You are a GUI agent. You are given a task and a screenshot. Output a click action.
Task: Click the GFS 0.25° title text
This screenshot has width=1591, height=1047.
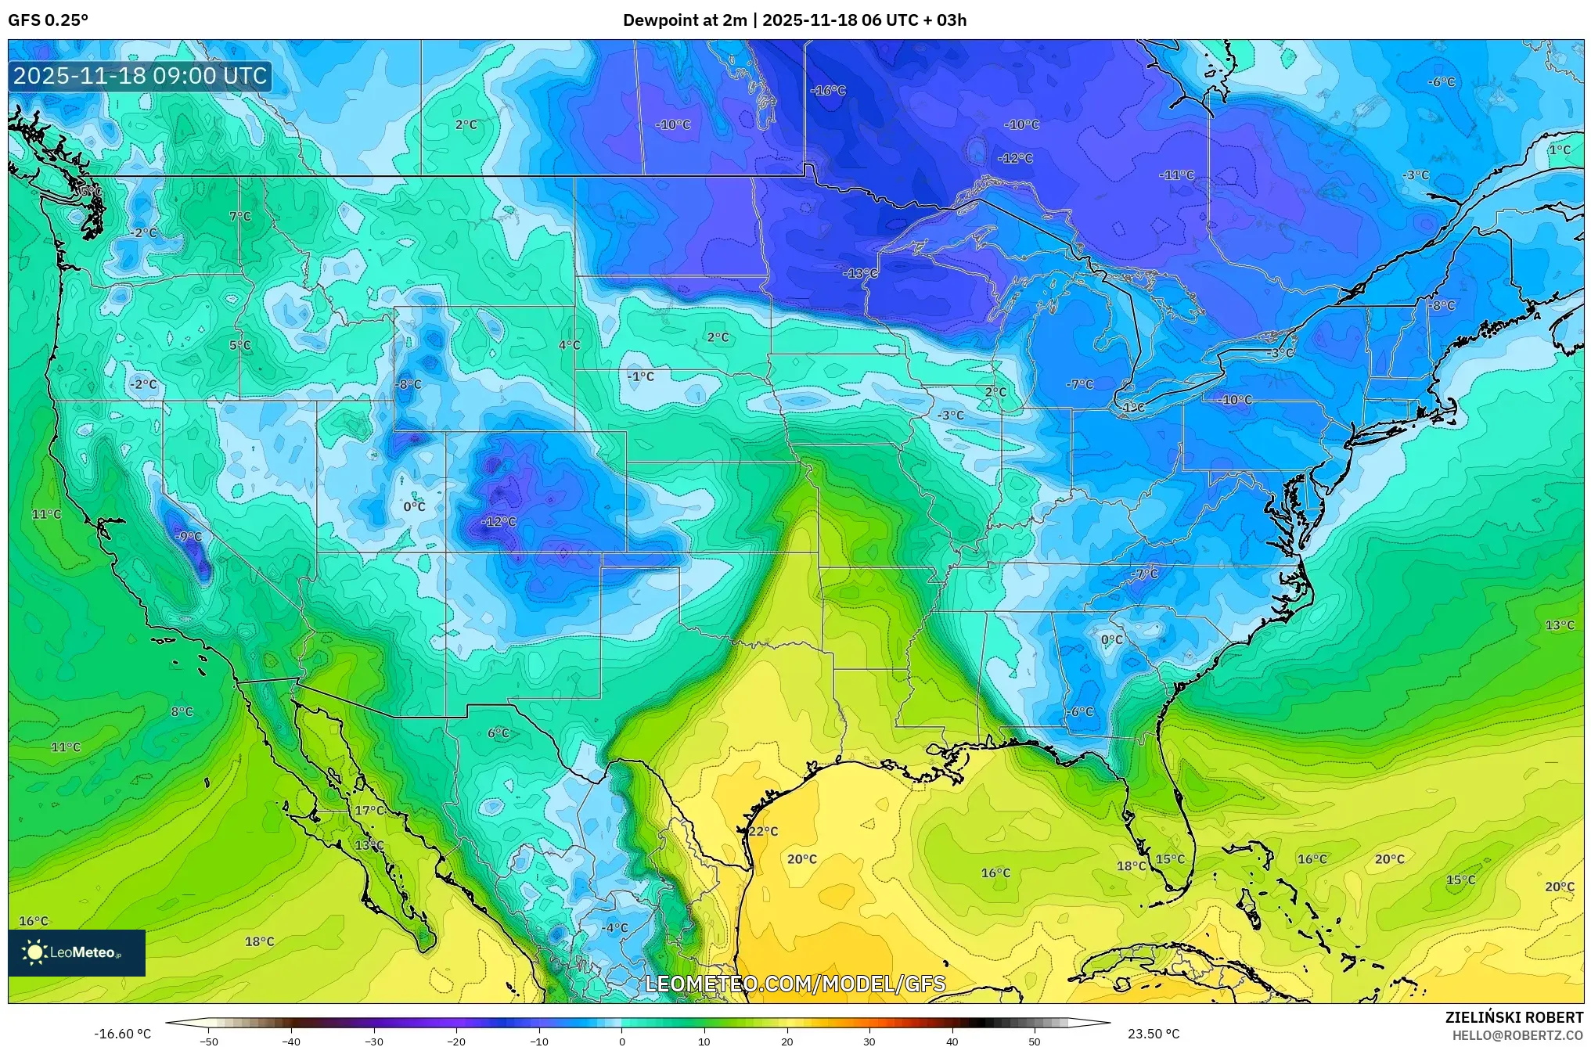(x=48, y=20)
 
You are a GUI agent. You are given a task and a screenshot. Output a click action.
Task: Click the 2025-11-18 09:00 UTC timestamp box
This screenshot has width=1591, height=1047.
(x=141, y=76)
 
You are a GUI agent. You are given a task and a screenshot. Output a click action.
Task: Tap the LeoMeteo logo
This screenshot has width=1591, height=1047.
(x=77, y=952)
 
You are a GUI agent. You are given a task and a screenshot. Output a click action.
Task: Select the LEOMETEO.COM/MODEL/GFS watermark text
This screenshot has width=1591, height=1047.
(x=795, y=984)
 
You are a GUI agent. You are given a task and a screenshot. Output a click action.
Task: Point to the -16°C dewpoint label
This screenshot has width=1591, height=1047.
(x=828, y=91)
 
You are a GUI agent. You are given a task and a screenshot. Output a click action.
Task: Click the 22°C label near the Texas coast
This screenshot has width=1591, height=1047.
(x=763, y=831)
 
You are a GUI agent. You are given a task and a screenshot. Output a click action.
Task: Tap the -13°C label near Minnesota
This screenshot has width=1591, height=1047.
(x=860, y=273)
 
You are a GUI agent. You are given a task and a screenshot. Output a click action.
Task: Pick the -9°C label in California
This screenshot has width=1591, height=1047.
(x=188, y=536)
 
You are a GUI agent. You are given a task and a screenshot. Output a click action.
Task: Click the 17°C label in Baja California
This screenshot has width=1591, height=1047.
(x=369, y=811)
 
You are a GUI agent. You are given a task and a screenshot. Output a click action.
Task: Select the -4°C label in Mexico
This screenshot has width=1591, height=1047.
(x=614, y=927)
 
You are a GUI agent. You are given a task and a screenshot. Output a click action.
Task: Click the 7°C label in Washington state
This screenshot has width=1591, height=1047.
(x=240, y=217)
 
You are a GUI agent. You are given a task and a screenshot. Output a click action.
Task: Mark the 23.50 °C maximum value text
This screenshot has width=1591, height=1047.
(x=1154, y=1034)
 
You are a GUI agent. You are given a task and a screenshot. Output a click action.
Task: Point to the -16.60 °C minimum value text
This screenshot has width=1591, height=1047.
(x=123, y=1034)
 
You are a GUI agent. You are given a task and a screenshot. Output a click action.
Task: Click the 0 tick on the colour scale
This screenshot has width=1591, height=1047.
(x=621, y=1041)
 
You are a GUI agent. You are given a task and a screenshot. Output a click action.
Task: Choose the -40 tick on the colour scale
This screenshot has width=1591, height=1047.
(x=291, y=1041)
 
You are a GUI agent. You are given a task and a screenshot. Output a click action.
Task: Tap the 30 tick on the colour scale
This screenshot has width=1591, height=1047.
(x=869, y=1041)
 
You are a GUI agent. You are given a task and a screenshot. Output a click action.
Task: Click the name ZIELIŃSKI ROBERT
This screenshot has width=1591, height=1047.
(x=1514, y=1017)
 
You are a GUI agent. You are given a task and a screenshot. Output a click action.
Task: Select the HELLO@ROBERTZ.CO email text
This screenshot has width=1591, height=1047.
(x=1517, y=1035)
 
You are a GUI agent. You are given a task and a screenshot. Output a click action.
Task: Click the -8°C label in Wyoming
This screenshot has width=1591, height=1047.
(x=408, y=384)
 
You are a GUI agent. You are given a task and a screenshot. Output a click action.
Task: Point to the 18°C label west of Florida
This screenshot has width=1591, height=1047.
(x=1131, y=865)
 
